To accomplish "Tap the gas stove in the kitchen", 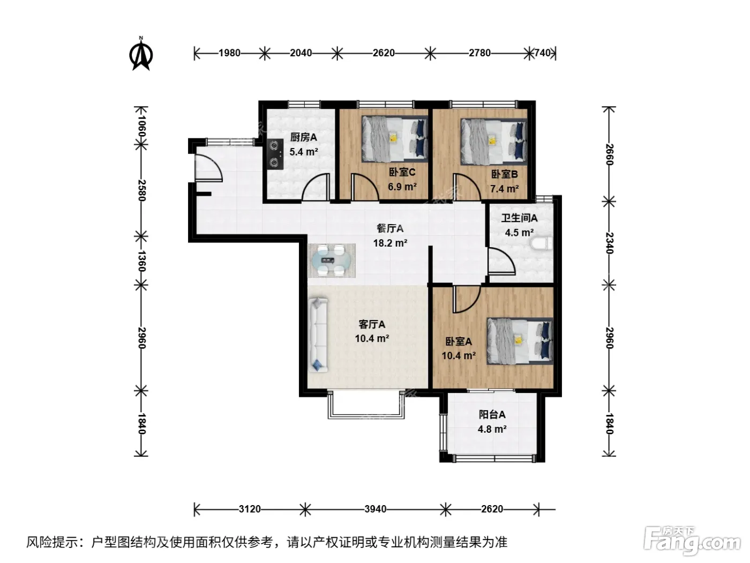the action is pos(275,154).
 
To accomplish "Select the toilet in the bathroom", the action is pos(542,243).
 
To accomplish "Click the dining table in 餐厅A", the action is pos(332,261).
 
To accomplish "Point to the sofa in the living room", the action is pos(318,335).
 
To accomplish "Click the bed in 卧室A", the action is pos(520,341).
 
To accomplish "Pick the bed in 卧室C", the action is pos(395,138).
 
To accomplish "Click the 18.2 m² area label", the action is pos(390,243).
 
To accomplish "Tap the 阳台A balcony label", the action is pos(492,414).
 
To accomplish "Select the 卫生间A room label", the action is pos(519,218).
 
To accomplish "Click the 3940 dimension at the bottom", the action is pos(375,509).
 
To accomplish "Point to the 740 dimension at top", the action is pos(542,53).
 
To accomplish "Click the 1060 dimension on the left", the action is pos(141,126).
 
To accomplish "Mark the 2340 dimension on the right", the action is pos(609,243).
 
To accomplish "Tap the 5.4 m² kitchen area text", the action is pos(304,151).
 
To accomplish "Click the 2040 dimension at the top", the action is pos(301,53).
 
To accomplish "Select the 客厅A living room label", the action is pos(372,324).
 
